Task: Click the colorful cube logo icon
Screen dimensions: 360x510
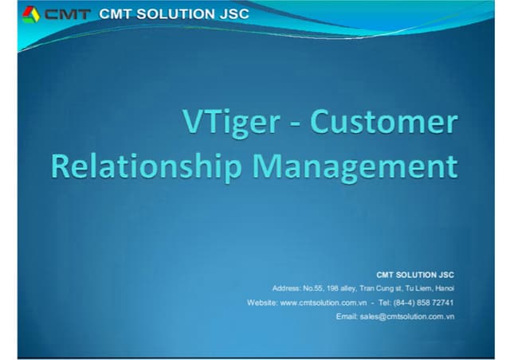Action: point(30,14)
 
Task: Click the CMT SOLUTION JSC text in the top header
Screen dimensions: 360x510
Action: point(174,14)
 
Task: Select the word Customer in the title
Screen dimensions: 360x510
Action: point(384,123)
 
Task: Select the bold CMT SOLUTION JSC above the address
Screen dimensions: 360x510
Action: point(414,274)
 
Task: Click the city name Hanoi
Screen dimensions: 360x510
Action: point(445,288)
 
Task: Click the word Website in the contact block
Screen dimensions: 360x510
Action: point(262,303)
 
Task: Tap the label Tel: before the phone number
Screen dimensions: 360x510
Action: point(385,303)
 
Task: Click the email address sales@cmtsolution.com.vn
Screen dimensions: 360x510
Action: point(407,317)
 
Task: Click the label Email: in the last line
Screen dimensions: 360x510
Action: point(347,317)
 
